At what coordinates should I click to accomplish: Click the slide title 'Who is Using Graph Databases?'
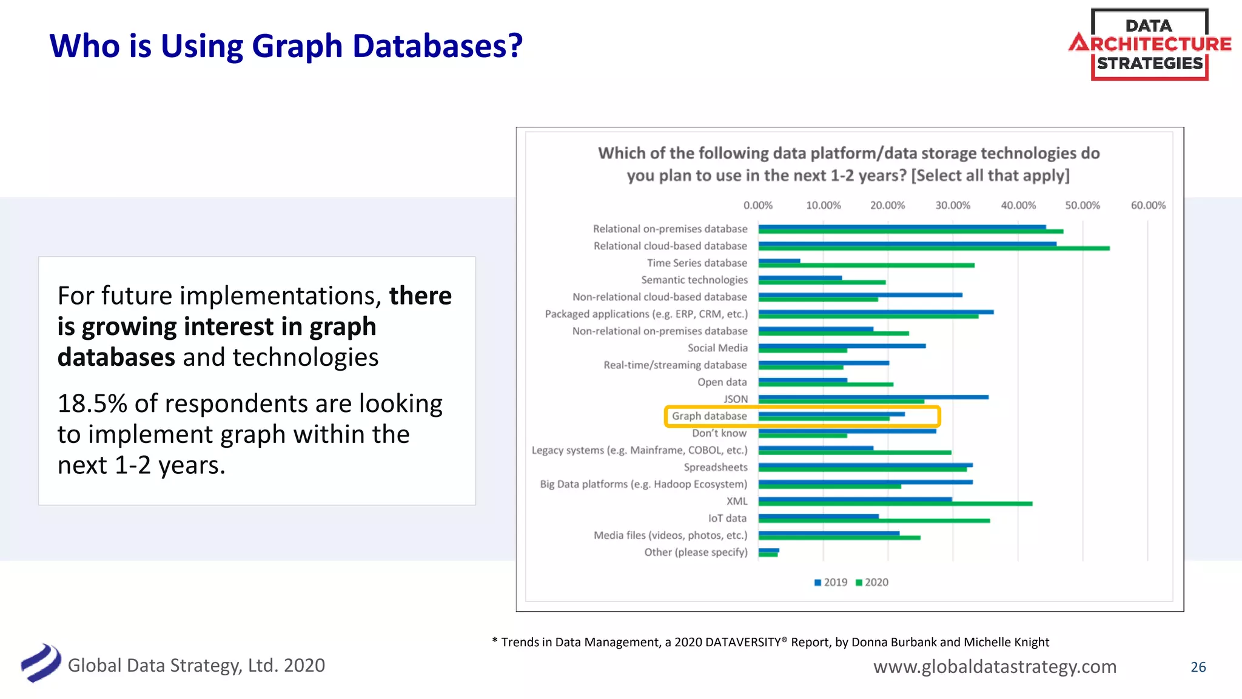click(x=286, y=46)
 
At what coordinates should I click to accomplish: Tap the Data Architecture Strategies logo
click(x=1149, y=44)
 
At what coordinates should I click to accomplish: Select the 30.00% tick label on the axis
click(x=952, y=206)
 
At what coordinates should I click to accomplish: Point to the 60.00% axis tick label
click(x=1147, y=206)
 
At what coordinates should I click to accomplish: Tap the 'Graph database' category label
click(x=709, y=416)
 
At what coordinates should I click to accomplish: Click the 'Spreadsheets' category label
click(x=716, y=467)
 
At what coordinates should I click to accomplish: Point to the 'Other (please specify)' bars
click(x=768, y=552)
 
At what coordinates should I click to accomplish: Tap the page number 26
click(x=1198, y=667)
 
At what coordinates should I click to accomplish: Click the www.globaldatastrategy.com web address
click(x=995, y=666)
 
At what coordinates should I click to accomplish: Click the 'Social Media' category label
click(x=717, y=348)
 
